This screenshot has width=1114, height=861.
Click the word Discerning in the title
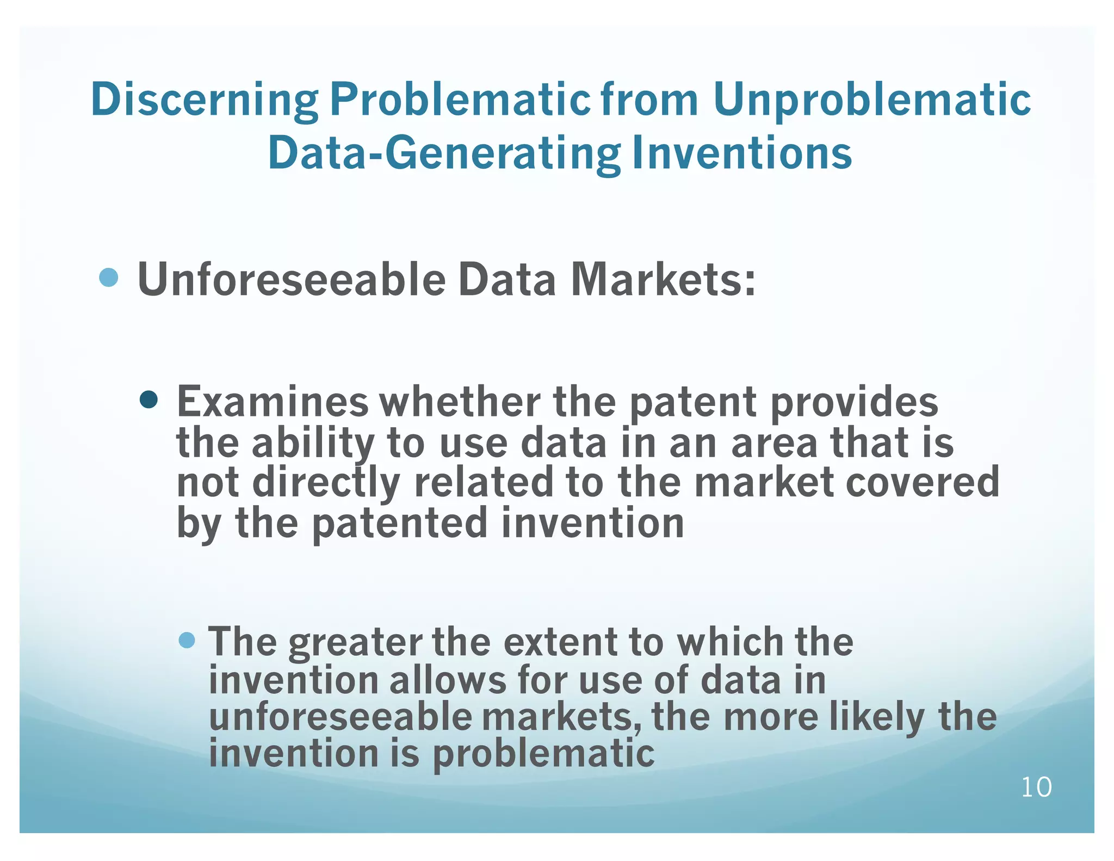point(205,100)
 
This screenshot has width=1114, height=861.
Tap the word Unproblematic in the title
point(871,100)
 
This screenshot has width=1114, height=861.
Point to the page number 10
point(1036,788)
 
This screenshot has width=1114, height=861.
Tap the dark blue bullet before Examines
point(148,401)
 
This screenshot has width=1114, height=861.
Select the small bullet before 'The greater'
point(187,640)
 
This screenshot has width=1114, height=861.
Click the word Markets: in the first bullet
point(663,279)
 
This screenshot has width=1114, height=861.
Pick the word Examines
point(273,402)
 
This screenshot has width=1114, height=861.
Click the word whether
point(460,402)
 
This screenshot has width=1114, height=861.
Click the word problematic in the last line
point(543,754)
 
